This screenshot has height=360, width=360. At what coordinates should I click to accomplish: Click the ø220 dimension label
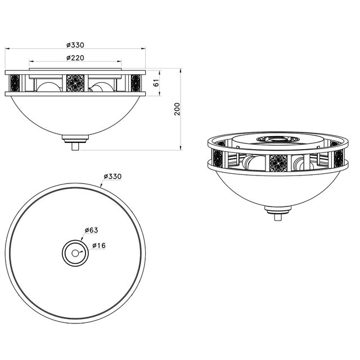(75, 57)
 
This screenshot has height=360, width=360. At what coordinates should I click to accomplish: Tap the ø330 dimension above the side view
(75, 44)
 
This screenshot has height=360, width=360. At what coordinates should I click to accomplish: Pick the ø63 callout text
(92, 230)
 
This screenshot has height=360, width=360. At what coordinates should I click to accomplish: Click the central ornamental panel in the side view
(75, 83)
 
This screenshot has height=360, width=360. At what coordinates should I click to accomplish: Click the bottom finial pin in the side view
(75, 146)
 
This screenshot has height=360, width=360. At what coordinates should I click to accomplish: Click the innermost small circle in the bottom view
(75, 252)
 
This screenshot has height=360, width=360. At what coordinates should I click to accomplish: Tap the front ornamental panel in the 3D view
(278, 163)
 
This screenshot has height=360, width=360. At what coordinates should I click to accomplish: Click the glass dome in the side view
(75, 115)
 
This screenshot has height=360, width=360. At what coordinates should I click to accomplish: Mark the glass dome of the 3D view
(277, 188)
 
